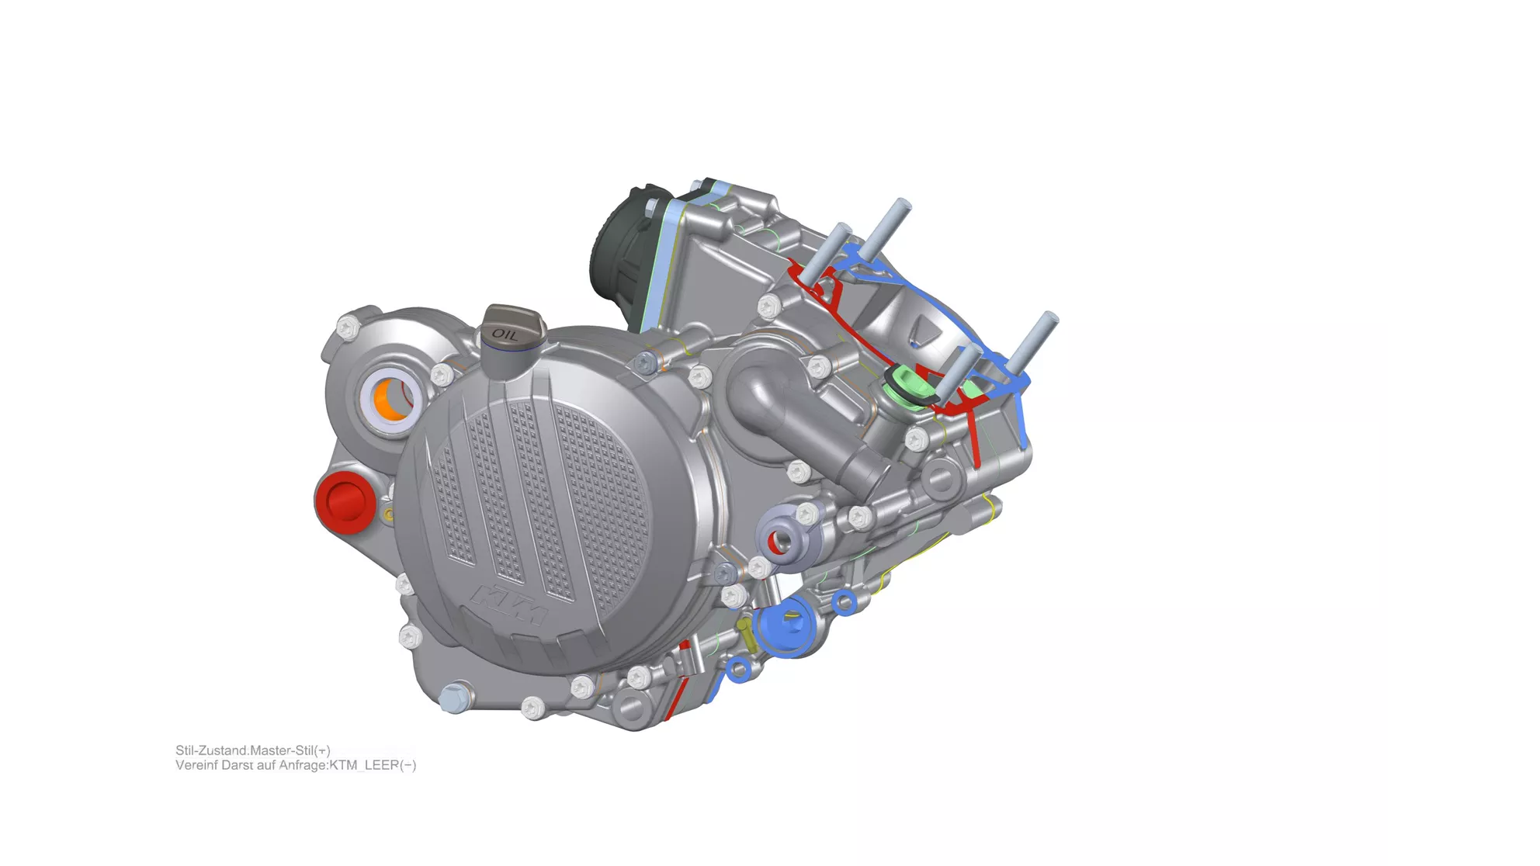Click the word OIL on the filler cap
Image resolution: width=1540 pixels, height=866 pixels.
coord(505,335)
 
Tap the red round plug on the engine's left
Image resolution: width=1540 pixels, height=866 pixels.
coord(343,501)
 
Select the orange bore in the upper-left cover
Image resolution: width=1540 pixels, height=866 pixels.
coord(390,399)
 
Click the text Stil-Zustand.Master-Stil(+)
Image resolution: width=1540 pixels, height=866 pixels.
coord(253,750)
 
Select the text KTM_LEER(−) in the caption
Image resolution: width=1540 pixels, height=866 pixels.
coord(373,765)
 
